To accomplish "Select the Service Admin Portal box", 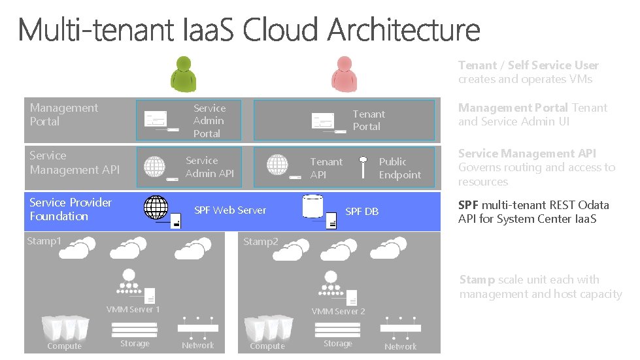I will click(x=188, y=120).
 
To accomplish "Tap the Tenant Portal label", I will click(x=369, y=120).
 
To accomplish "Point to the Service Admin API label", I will click(x=209, y=167).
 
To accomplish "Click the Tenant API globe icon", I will click(x=278, y=165).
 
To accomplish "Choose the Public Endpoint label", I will click(x=399, y=168).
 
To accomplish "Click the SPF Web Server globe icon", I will click(x=156, y=207).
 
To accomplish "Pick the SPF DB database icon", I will click(x=313, y=206).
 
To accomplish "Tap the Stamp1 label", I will click(x=44, y=241).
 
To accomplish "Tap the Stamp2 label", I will click(x=260, y=242).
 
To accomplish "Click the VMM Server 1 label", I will click(x=133, y=310).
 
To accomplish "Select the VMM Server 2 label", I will click(x=338, y=312).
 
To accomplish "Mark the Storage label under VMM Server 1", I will click(x=135, y=344).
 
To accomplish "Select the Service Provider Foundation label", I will click(x=70, y=209).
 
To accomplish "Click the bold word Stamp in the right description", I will click(x=477, y=280).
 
